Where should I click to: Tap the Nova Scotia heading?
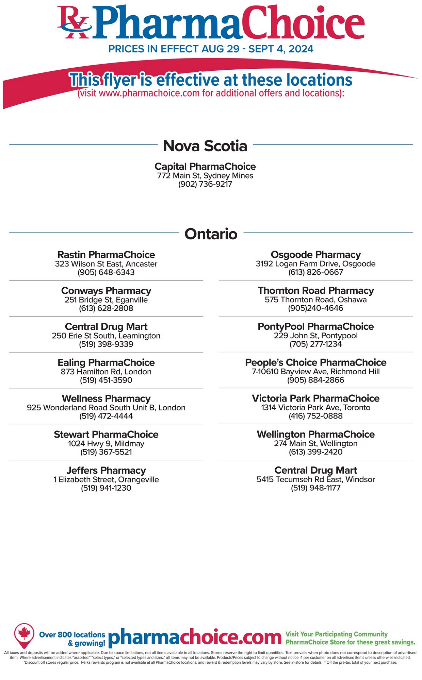click(x=205, y=146)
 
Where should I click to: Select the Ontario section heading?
click(x=211, y=234)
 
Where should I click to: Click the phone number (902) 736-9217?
click(x=205, y=184)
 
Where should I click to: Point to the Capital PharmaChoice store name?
click(x=205, y=166)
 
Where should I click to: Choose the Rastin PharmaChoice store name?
click(x=106, y=255)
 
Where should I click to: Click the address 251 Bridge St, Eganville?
click(x=106, y=300)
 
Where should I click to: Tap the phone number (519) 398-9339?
click(x=106, y=344)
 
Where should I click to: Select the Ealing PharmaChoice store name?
click(x=106, y=362)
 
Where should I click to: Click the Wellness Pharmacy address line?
click(x=106, y=407)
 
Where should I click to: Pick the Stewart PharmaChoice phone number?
click(x=106, y=452)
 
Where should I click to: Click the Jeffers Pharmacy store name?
click(x=106, y=470)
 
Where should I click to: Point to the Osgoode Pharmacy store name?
click(x=315, y=255)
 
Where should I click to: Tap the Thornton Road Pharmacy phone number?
click(x=315, y=308)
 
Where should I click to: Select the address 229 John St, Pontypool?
click(x=315, y=336)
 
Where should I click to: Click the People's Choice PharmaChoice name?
click(x=315, y=362)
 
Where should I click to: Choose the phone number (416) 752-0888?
click(x=315, y=416)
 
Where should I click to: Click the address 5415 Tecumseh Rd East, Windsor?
click(x=315, y=479)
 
